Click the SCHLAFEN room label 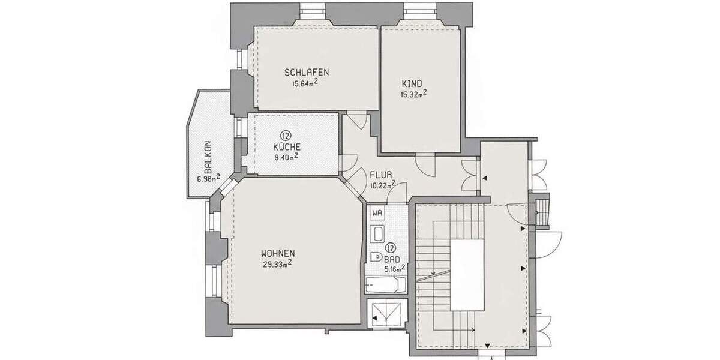click(x=306, y=72)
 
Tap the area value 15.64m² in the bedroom click(x=304, y=83)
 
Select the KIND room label click(x=412, y=83)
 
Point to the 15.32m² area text click(x=413, y=94)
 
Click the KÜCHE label click(x=286, y=146)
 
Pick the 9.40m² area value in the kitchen click(x=286, y=157)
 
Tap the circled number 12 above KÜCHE click(x=286, y=136)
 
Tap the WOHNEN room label click(x=278, y=253)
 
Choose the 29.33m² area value click(x=277, y=263)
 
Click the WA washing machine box click(x=377, y=213)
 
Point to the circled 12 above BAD click(x=390, y=247)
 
